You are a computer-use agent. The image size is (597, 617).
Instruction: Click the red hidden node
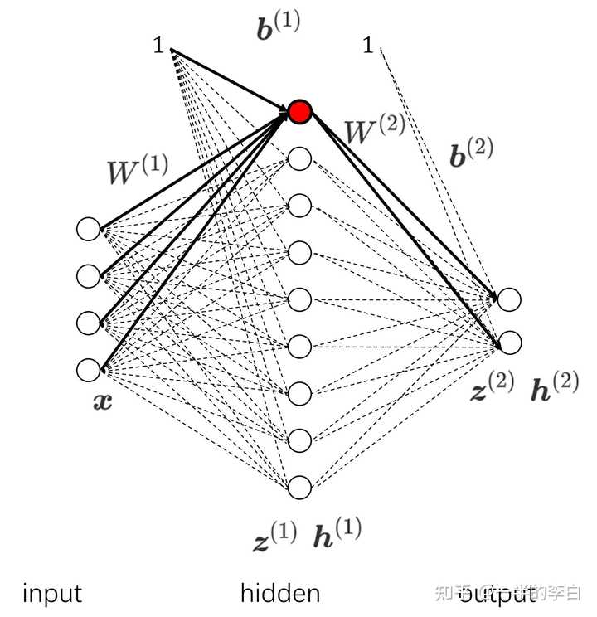point(299,111)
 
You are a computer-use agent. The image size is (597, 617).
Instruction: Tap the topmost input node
point(88,229)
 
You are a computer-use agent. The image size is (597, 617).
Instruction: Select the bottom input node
point(88,369)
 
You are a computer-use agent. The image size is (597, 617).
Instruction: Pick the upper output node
point(509,299)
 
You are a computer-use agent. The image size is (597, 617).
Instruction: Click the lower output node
point(509,342)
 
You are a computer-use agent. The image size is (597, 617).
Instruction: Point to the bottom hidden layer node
point(299,487)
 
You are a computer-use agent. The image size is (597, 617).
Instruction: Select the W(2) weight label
point(375,131)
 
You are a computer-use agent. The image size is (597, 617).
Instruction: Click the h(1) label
point(337,532)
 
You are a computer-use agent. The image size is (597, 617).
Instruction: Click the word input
point(51,594)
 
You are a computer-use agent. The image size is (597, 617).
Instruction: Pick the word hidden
point(280,593)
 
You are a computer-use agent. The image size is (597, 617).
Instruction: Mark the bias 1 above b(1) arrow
point(158,46)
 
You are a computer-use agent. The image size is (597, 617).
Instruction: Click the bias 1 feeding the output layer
point(368,46)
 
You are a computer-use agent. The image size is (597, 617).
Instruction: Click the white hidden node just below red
point(299,158)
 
